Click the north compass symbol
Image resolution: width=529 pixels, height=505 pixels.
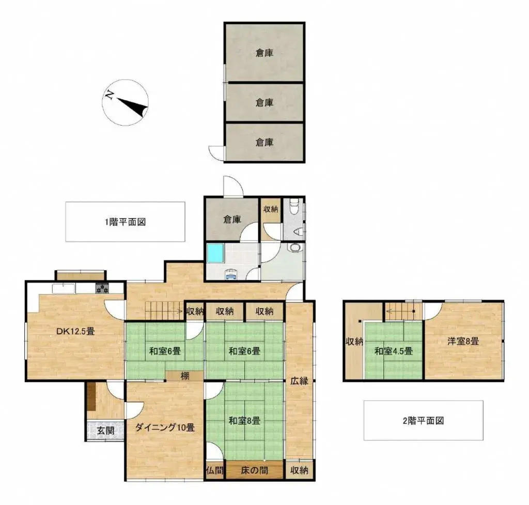click(126, 102)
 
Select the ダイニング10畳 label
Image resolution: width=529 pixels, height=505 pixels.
click(165, 427)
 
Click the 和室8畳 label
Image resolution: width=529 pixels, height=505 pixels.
click(244, 421)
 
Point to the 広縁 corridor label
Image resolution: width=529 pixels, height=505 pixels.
click(299, 381)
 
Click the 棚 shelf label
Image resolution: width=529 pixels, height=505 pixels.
click(185, 376)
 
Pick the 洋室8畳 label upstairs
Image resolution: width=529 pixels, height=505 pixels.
click(463, 341)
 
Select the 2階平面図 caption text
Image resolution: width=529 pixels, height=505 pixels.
click(423, 421)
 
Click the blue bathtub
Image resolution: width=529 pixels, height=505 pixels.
click(214, 253)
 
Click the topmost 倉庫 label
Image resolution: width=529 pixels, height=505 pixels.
click(264, 52)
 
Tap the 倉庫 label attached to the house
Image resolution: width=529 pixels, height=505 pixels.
click(232, 219)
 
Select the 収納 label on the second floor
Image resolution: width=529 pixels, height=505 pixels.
click(354, 341)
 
